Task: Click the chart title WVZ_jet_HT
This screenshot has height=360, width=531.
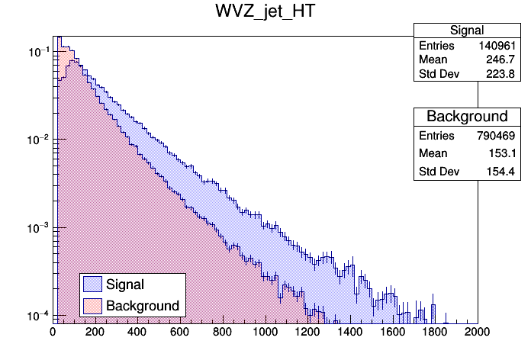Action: pyautogui.click(x=265, y=14)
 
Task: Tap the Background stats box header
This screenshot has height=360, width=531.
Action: pyautogui.click(x=467, y=117)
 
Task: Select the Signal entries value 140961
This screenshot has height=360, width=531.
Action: pyautogui.click(x=497, y=46)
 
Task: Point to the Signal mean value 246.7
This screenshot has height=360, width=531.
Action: pyautogui.click(x=504, y=59)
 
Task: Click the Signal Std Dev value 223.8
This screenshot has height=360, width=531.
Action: pyautogui.click(x=504, y=74)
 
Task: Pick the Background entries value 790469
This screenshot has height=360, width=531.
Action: pyautogui.click(x=497, y=135)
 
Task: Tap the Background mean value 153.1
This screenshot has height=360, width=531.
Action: pyautogui.click(x=504, y=153)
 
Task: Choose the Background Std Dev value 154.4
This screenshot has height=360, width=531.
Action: pyautogui.click(x=504, y=172)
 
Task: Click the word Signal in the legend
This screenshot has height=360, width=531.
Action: pyautogui.click(x=125, y=284)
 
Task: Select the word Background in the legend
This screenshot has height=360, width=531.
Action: pyautogui.click(x=143, y=306)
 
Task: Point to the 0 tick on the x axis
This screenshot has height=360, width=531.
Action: pyautogui.click(x=53, y=332)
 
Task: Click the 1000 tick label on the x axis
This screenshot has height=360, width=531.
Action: pyautogui.click(x=265, y=332)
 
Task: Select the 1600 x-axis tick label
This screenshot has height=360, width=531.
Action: pyautogui.click(x=393, y=332)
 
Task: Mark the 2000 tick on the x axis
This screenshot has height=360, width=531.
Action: pyautogui.click(x=478, y=332)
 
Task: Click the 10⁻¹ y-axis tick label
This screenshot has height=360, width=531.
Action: pyautogui.click(x=38, y=52)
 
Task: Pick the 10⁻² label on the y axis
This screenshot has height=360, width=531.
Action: pyautogui.click(x=38, y=140)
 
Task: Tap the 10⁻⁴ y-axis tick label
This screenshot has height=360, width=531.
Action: pyautogui.click(x=38, y=315)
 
